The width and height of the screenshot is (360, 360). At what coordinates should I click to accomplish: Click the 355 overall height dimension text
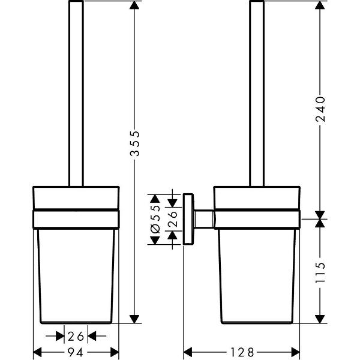(x=136, y=144)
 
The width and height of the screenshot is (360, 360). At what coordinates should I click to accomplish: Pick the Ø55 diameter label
(x=155, y=219)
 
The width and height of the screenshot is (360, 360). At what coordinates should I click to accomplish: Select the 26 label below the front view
(x=76, y=335)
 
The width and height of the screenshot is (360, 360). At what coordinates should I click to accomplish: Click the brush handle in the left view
(x=76, y=90)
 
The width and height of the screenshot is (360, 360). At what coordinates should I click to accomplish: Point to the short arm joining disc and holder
(x=205, y=219)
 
